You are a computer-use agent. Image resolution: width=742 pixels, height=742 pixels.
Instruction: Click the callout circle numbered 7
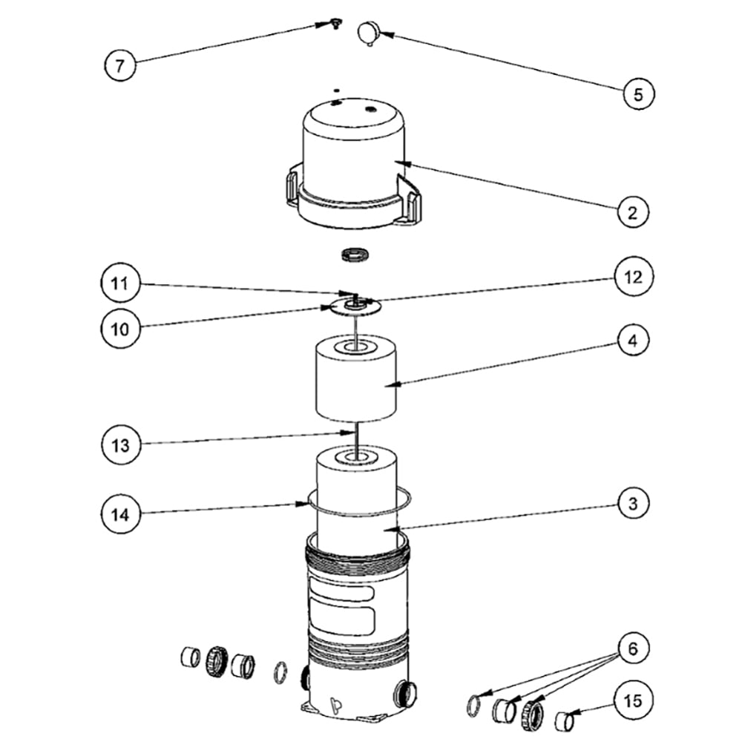pyautogui.click(x=120, y=65)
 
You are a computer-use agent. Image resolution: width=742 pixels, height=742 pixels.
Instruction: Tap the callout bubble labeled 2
pyautogui.click(x=633, y=212)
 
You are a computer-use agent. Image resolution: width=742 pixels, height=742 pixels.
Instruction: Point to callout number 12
pyautogui.click(x=633, y=277)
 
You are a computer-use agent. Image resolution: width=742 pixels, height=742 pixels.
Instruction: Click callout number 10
pyautogui.click(x=120, y=329)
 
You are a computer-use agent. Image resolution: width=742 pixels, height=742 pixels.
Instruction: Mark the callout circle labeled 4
pyautogui.click(x=633, y=341)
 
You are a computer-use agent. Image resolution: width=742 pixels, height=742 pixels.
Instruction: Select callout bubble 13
pyautogui.click(x=120, y=444)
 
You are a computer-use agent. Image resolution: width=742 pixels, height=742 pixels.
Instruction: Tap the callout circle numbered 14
pyautogui.click(x=120, y=514)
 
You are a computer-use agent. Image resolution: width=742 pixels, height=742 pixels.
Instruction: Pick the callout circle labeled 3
pyautogui.click(x=633, y=503)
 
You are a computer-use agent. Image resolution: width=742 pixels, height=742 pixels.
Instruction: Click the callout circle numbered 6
pyautogui.click(x=633, y=648)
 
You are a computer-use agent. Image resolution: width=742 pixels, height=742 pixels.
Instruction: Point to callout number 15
pyautogui.click(x=633, y=700)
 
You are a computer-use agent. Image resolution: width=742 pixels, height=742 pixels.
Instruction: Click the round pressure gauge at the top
pyautogui.click(x=368, y=33)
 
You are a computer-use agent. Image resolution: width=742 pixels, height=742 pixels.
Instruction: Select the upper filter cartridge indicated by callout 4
pyautogui.click(x=356, y=378)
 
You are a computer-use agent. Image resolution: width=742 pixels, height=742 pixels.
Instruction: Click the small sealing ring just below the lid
pyautogui.click(x=355, y=254)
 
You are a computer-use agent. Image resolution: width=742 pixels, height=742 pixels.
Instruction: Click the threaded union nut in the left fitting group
pyautogui.click(x=217, y=660)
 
